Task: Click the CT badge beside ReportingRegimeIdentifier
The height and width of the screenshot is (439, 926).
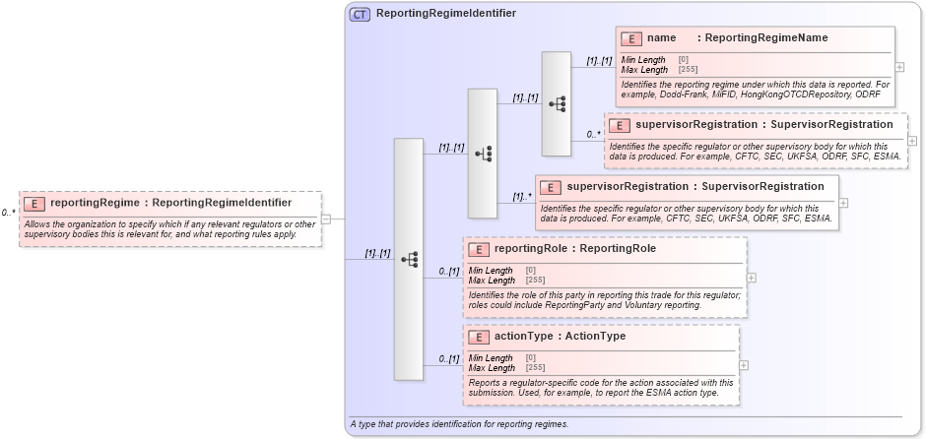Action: tap(361, 14)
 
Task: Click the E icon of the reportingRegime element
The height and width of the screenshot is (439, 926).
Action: tap(34, 203)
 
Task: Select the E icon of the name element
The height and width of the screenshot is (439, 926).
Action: tap(631, 38)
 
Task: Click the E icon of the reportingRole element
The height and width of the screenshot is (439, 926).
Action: tap(479, 249)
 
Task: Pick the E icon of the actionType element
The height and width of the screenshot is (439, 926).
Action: tap(479, 337)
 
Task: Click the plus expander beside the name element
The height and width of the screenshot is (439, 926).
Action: tap(899, 67)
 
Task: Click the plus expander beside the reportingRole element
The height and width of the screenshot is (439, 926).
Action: tap(752, 278)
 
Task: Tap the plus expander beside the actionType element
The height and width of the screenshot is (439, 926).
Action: tap(744, 365)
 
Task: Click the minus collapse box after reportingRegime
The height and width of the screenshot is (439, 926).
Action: tap(326, 219)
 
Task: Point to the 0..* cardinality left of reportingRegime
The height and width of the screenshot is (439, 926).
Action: tap(9, 212)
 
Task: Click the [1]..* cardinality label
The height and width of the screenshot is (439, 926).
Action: tap(521, 196)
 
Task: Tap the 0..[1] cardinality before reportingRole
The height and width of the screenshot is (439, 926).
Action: tap(448, 272)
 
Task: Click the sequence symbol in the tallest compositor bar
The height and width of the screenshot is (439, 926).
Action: tap(409, 259)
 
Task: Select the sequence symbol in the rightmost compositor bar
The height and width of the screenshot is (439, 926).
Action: tap(557, 103)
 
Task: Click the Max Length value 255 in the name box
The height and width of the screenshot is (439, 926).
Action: tap(688, 70)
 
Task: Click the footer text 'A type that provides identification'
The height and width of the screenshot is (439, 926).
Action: tap(458, 424)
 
